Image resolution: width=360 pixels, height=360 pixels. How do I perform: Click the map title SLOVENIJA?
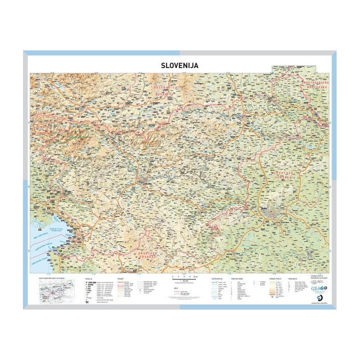(180, 65)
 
